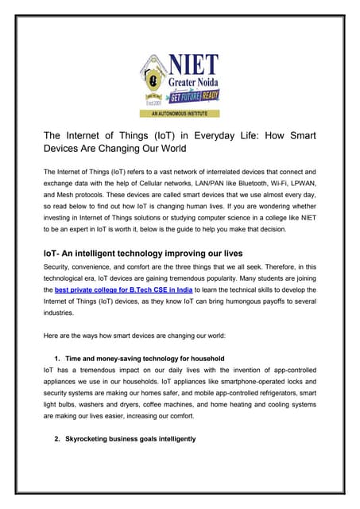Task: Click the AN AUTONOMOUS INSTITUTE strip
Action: pyautogui.click(x=180, y=114)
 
